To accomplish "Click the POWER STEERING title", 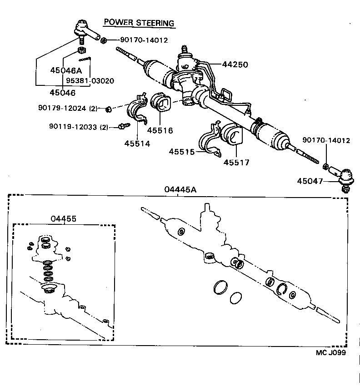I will tap(139, 22).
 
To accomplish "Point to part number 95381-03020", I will tap(90, 81).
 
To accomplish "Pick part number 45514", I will tap(137, 144).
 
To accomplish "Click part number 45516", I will tap(160, 130).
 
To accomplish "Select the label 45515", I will tap(182, 151).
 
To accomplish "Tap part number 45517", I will tap(237, 162).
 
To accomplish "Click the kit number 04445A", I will tap(180, 190).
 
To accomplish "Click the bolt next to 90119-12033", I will tap(121, 127).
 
